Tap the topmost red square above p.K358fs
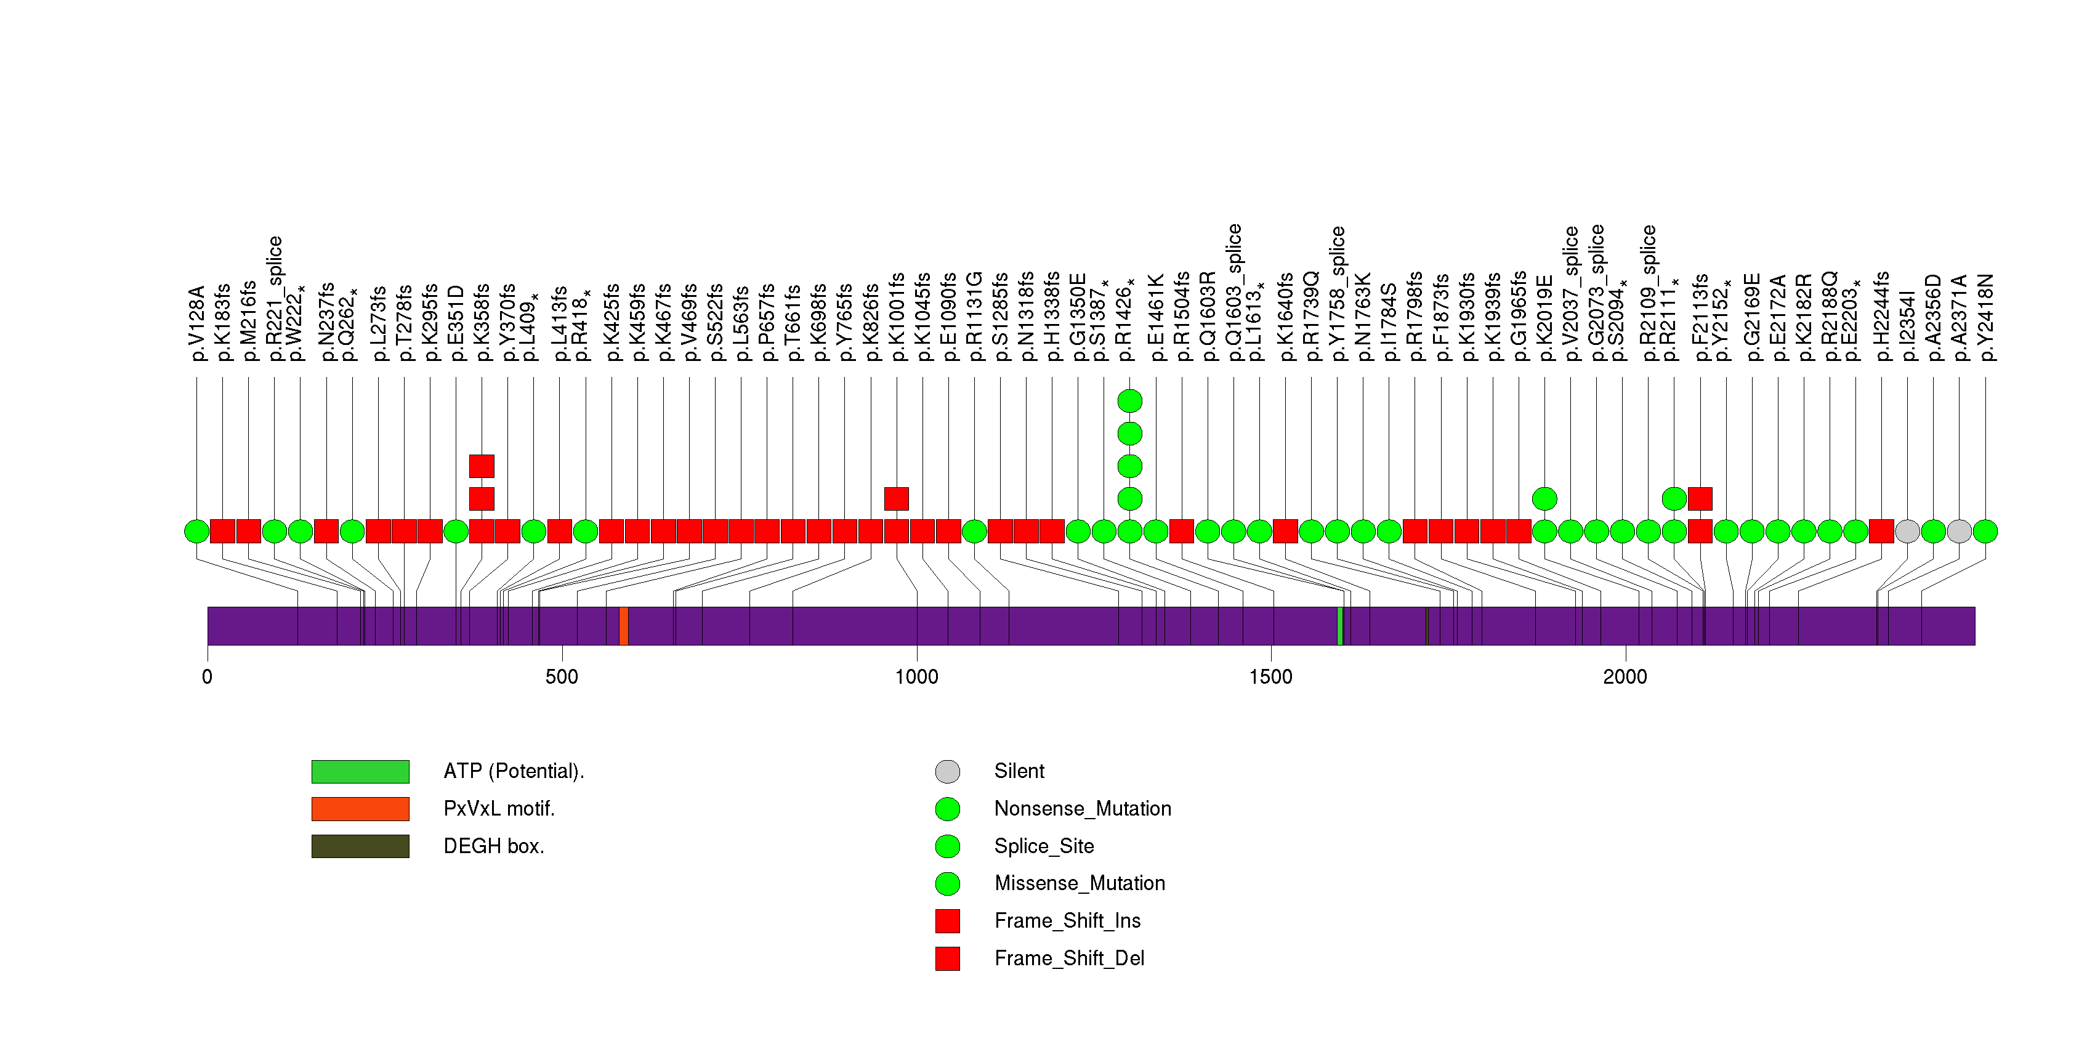tap(481, 466)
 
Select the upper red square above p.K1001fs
tap(896, 499)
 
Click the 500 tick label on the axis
tap(562, 677)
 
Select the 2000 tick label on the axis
tap(1625, 677)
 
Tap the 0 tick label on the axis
tap(208, 677)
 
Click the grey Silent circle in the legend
tap(948, 771)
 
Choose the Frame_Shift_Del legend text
tap(1068, 958)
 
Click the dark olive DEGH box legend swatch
tap(360, 846)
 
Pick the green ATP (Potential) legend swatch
tap(360, 771)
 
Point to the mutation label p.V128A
tap(197, 323)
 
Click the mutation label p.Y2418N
tap(1985, 317)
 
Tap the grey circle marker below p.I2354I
tap(1907, 531)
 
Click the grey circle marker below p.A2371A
tap(1959, 531)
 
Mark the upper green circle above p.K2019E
tap(1544, 499)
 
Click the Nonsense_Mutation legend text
tap(1082, 809)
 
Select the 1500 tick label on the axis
tap(1270, 677)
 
